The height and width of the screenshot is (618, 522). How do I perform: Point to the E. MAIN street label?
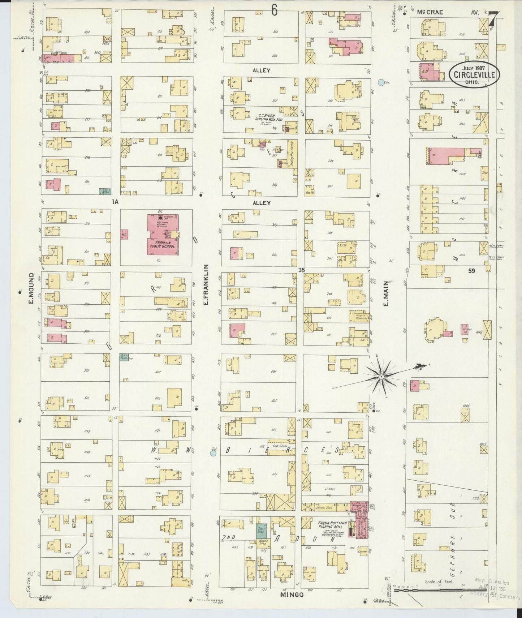point(385,293)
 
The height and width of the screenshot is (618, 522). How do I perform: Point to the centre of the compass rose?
point(381,377)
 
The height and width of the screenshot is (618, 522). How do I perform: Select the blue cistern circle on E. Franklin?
point(213,452)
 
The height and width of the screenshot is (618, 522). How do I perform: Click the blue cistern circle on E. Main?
point(380,83)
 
